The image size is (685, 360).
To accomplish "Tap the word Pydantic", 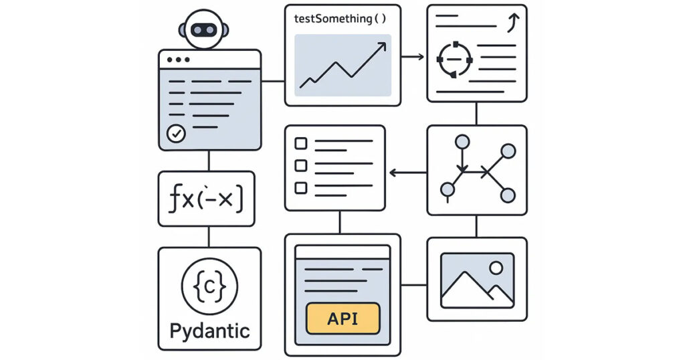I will click(x=209, y=330).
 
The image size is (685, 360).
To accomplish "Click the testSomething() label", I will click(x=340, y=19).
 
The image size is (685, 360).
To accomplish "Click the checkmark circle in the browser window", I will click(x=176, y=134).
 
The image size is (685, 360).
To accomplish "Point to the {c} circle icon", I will click(x=209, y=288).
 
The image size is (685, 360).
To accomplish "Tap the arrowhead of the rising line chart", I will click(x=383, y=46).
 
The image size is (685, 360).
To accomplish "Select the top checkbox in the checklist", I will click(x=301, y=143).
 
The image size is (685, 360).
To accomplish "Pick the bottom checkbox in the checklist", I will click(x=301, y=187).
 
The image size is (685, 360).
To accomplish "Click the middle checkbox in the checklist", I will click(x=301, y=165).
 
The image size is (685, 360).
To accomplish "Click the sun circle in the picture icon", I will click(x=496, y=268).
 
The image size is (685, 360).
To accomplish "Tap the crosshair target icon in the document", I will click(x=454, y=60).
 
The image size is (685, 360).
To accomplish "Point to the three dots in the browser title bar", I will click(x=179, y=60).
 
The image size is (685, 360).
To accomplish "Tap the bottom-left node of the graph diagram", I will click(x=447, y=191).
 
